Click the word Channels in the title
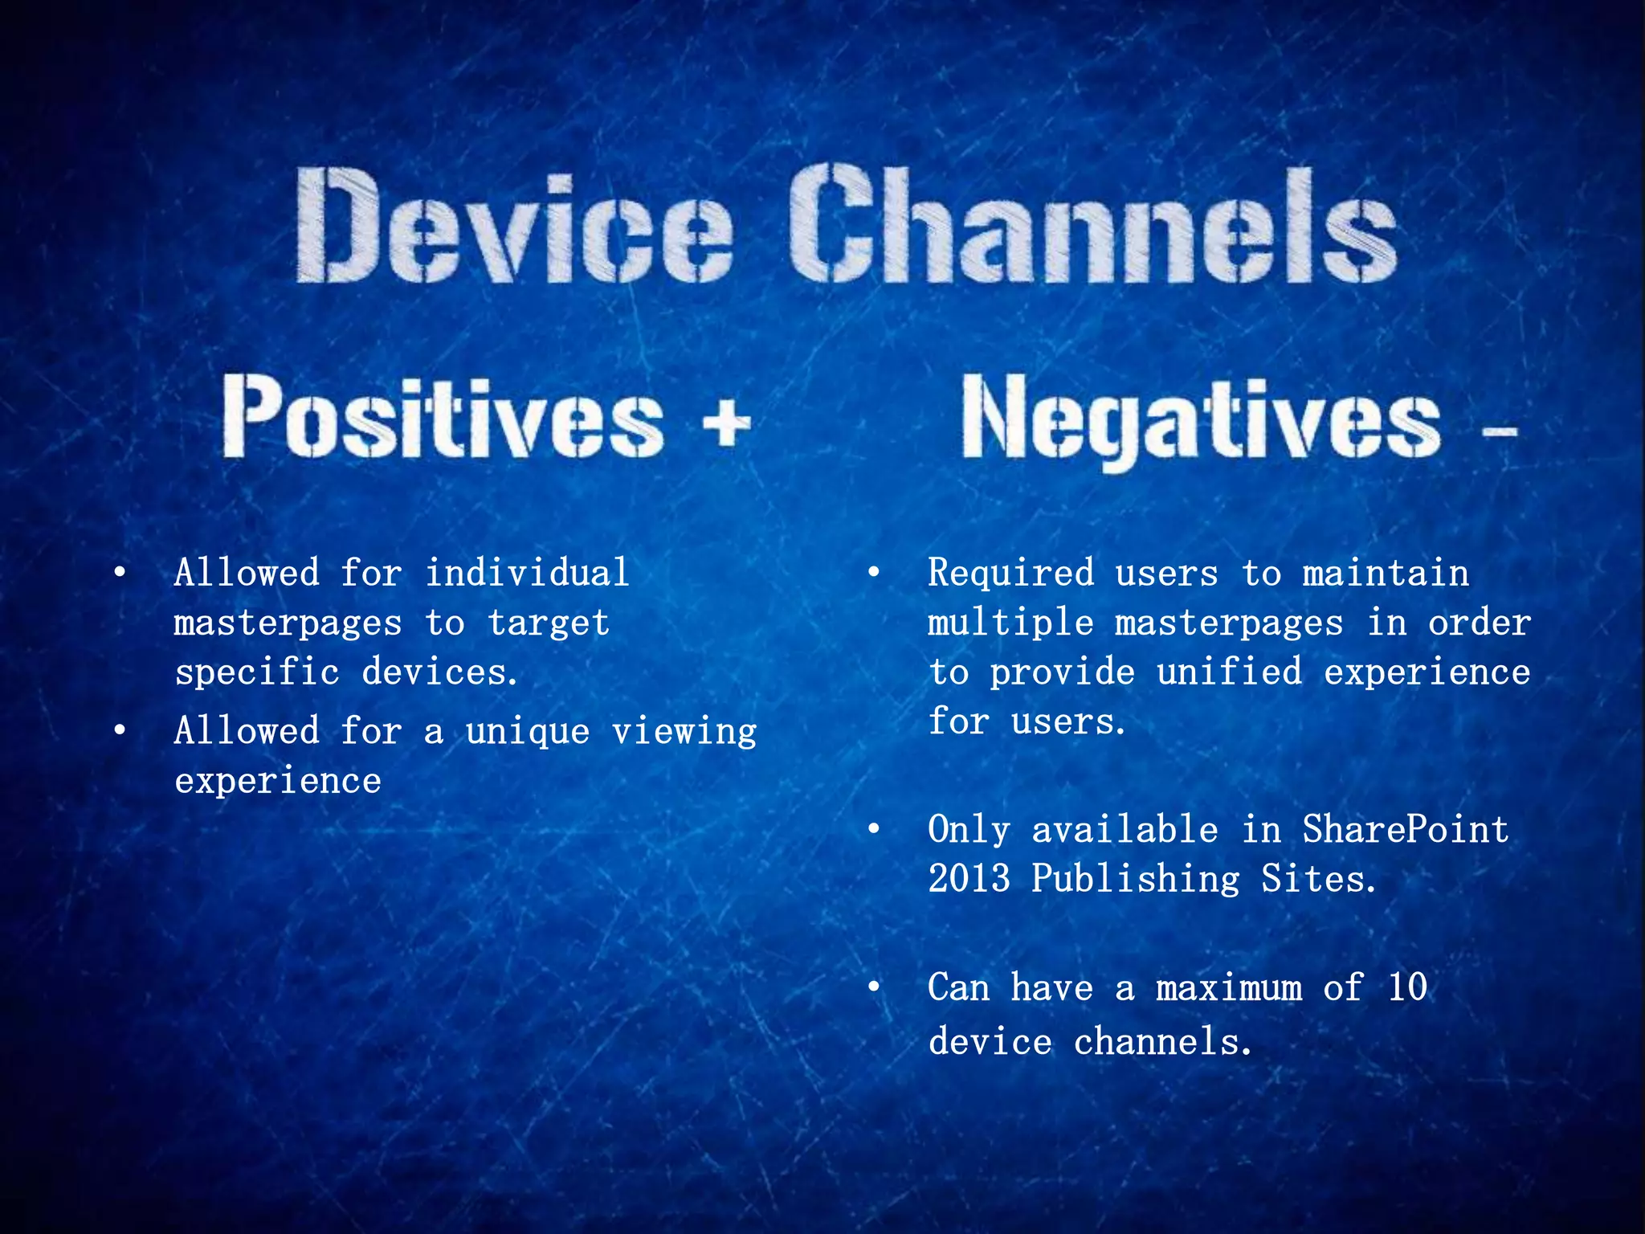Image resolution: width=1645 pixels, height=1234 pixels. click(1092, 225)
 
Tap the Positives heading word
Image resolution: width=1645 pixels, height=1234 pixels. click(443, 417)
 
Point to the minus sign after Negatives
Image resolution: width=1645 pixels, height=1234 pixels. click(1499, 432)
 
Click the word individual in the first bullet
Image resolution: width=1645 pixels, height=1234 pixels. click(527, 574)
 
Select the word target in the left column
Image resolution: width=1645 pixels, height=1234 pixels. click(549, 623)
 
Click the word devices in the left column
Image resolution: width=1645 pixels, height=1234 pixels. click(439, 672)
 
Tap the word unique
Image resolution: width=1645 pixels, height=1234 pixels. click(528, 732)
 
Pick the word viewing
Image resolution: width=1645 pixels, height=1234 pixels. click(684, 732)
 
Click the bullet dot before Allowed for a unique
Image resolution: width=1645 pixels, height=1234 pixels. click(120, 730)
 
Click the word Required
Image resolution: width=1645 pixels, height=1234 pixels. click(1010, 574)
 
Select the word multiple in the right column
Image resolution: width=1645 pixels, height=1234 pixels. click(1010, 623)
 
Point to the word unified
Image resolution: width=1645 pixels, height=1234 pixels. click(1229, 672)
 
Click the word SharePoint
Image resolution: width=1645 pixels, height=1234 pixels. click(1406, 829)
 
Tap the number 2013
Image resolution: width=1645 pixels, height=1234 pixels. click(969, 879)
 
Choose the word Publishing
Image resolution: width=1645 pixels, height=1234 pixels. click(1135, 879)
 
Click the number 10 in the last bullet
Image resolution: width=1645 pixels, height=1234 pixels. click(1407, 987)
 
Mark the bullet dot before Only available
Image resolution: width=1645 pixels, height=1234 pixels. click(874, 829)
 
